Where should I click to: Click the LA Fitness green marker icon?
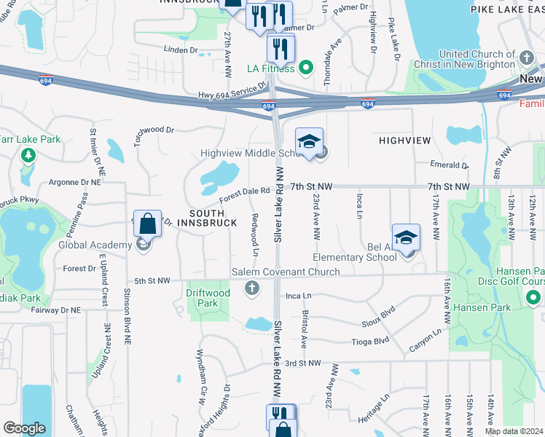306,69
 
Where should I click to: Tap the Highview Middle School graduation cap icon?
309,141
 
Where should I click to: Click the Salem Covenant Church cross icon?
252,288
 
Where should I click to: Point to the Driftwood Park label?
208,298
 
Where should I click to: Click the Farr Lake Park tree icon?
28,154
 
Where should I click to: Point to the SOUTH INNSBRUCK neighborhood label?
213,217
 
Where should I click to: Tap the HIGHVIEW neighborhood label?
404,139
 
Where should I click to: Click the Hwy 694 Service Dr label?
233,95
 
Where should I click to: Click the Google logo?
25,428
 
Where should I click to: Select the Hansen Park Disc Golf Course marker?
533,297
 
